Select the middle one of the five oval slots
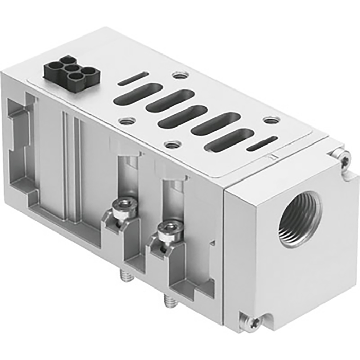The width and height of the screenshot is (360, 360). (183, 116)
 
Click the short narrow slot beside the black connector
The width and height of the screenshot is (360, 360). (133, 79)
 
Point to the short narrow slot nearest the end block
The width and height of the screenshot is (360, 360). (262, 145)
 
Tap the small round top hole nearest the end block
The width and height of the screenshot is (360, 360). (271, 120)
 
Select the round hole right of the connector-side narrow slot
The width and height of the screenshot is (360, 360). (178, 76)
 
